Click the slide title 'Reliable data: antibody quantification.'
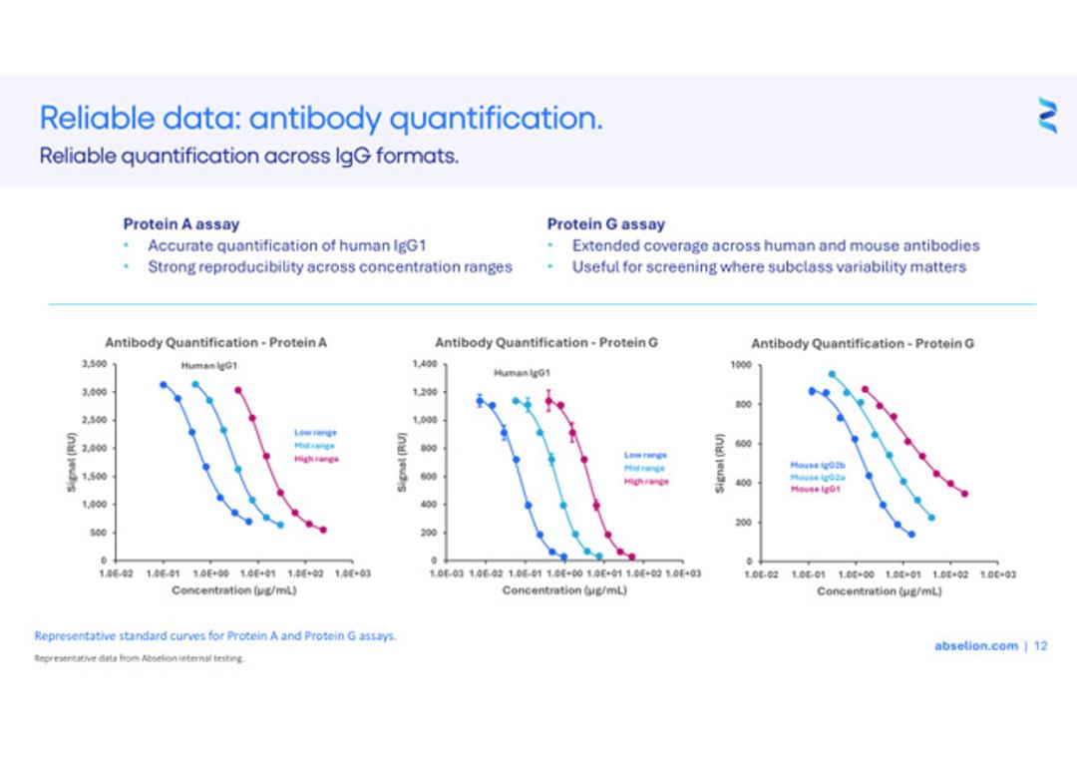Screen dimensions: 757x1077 point(320,119)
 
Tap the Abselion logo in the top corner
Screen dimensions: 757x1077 point(1046,116)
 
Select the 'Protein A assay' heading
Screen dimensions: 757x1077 point(180,224)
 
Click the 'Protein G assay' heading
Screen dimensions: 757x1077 point(605,224)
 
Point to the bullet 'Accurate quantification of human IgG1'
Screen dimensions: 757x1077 point(287,245)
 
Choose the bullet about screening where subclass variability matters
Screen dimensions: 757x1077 point(768,267)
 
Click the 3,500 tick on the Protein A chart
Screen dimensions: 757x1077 point(93,364)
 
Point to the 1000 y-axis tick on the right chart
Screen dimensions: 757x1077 point(741,365)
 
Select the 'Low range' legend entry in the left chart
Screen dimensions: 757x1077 point(315,433)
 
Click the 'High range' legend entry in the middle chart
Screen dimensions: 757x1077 point(646,482)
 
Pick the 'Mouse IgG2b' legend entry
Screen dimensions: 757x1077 point(818,466)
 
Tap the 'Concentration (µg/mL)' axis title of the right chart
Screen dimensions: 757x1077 point(879,591)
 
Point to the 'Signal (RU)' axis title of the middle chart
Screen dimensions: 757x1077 point(402,462)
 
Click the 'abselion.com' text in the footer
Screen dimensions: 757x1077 point(975,646)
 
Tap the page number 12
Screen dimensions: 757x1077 point(1041,646)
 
